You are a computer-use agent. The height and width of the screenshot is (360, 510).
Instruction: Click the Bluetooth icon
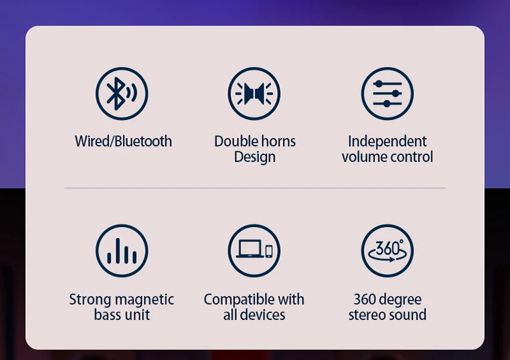[x=121, y=94]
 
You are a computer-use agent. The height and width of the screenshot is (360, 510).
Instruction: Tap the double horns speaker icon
[x=254, y=94]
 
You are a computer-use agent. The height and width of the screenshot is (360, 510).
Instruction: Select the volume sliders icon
[x=387, y=94]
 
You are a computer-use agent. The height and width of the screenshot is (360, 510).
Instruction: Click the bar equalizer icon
[x=121, y=250]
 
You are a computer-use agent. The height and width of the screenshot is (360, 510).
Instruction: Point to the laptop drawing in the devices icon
[x=250, y=249]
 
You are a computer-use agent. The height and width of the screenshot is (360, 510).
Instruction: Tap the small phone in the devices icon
[x=269, y=252]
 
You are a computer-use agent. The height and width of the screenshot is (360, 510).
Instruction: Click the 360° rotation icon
[x=387, y=250]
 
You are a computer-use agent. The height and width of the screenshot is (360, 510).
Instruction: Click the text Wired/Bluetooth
[x=123, y=141]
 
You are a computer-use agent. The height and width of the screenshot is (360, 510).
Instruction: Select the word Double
[x=236, y=141]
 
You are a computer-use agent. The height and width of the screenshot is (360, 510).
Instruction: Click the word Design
[x=254, y=157]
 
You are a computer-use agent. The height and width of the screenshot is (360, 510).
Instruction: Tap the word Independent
[x=387, y=142]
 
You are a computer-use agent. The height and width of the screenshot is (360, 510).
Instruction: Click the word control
[x=411, y=157]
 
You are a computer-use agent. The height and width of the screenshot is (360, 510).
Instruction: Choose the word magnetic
[x=145, y=300]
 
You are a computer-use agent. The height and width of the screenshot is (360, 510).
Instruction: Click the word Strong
[x=90, y=300]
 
